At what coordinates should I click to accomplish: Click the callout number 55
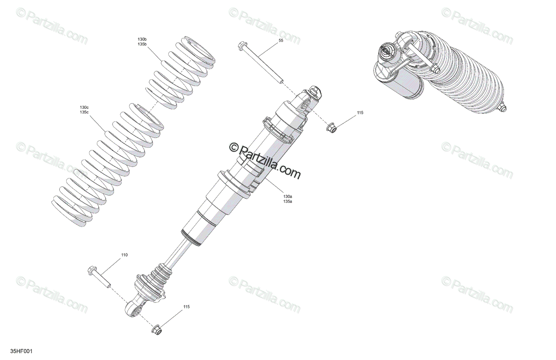(281, 41)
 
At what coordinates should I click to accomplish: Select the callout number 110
(124, 255)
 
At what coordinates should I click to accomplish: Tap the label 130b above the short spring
(142, 39)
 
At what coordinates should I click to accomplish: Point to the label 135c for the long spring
(84, 112)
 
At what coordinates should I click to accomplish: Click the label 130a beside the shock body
(288, 196)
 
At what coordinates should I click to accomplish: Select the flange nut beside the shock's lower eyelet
(157, 329)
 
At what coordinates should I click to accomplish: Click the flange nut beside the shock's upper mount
(331, 127)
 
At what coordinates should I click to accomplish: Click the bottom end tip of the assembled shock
(504, 108)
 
